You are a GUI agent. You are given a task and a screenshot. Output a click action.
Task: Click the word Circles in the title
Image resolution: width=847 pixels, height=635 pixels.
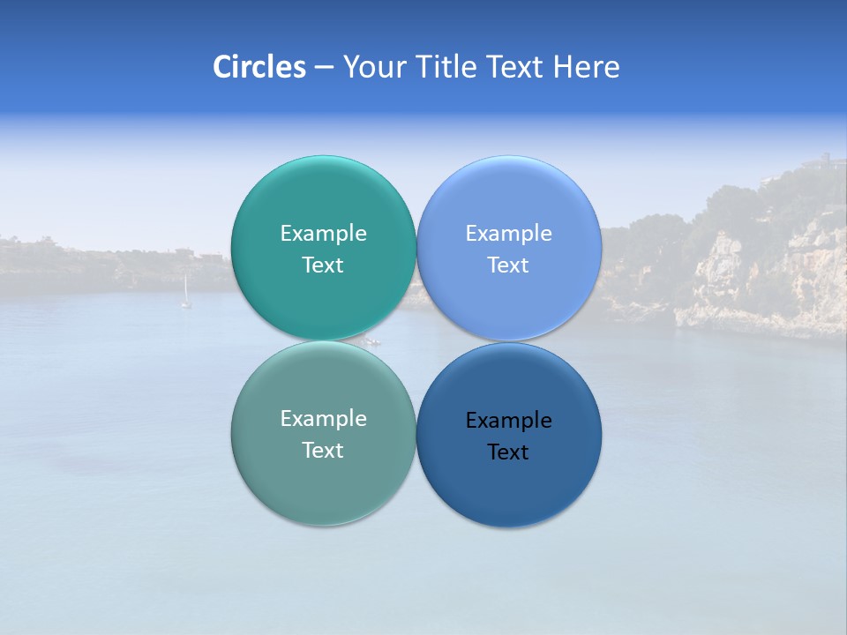[x=259, y=67]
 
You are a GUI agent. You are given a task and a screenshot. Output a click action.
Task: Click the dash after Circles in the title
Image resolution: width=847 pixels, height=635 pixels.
[x=323, y=68]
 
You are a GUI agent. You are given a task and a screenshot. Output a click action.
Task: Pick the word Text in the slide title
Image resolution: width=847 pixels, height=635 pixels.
[x=515, y=67]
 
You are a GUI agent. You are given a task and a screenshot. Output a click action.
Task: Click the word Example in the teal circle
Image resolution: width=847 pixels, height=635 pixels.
[x=323, y=233]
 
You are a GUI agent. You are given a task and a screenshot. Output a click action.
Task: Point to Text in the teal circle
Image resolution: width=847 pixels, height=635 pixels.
[x=323, y=265]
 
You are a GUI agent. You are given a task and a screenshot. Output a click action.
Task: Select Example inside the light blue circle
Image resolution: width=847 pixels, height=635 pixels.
[x=509, y=233]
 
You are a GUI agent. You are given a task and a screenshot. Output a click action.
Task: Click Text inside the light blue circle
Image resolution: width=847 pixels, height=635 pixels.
[x=509, y=265]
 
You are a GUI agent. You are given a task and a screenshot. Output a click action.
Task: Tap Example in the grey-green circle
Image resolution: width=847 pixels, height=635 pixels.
[x=323, y=418]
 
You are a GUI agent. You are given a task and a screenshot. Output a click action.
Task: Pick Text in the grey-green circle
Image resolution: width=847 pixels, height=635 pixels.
[x=323, y=450]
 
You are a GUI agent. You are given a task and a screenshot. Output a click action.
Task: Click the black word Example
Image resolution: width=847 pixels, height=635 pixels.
[x=509, y=420]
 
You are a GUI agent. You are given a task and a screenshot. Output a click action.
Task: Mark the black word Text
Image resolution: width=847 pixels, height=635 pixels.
[x=509, y=452]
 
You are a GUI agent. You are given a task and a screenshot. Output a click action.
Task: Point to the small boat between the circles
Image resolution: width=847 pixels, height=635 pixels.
[x=373, y=341]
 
